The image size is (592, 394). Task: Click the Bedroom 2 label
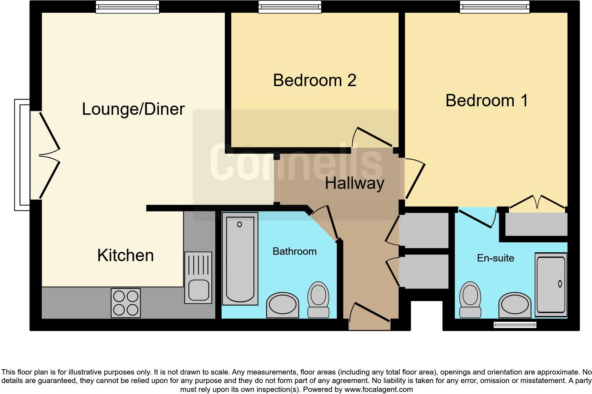pyautogui.click(x=314, y=80)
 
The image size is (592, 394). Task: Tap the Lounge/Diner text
pyautogui.click(x=133, y=109)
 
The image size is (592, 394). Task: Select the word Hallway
pyautogui.click(x=354, y=184)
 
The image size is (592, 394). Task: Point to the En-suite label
pyautogui.click(x=495, y=258)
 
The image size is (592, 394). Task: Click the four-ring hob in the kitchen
pyautogui.click(x=126, y=303)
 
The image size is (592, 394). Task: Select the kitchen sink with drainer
pyautogui.click(x=198, y=277)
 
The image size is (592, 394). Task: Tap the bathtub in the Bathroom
pyautogui.click(x=240, y=258)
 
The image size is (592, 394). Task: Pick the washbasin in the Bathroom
pyautogui.click(x=282, y=305)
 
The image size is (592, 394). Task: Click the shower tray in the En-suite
pyautogui.click(x=551, y=285)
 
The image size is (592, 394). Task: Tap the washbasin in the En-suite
pyautogui.click(x=515, y=305)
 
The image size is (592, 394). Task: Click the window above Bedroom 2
pyautogui.click(x=290, y=7)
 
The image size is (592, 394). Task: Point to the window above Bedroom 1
pyautogui.click(x=494, y=7)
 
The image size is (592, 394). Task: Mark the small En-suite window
pyautogui.click(x=515, y=325)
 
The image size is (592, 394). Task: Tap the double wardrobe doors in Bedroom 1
pyautogui.click(x=537, y=203)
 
